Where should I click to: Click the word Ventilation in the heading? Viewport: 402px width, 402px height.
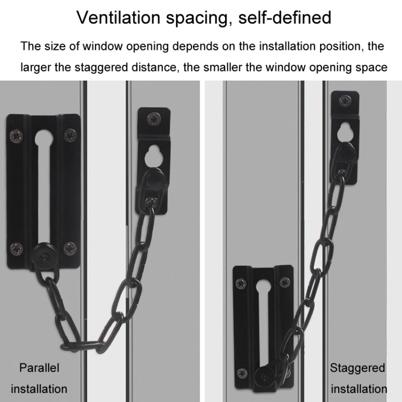[119, 17]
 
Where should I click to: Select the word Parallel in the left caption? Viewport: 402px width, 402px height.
[39, 368]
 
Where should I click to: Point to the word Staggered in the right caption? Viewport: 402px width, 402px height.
[358, 368]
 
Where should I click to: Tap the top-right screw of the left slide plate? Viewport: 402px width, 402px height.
[70, 135]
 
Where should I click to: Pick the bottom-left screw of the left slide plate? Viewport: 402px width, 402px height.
[18, 248]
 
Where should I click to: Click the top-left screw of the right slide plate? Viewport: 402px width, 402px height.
[242, 282]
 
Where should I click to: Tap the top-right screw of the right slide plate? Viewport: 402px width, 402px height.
[285, 281]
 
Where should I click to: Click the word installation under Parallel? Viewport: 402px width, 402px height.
[39, 389]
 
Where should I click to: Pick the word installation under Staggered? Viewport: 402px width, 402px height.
[359, 389]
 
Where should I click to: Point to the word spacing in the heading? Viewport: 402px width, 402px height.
[198, 18]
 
